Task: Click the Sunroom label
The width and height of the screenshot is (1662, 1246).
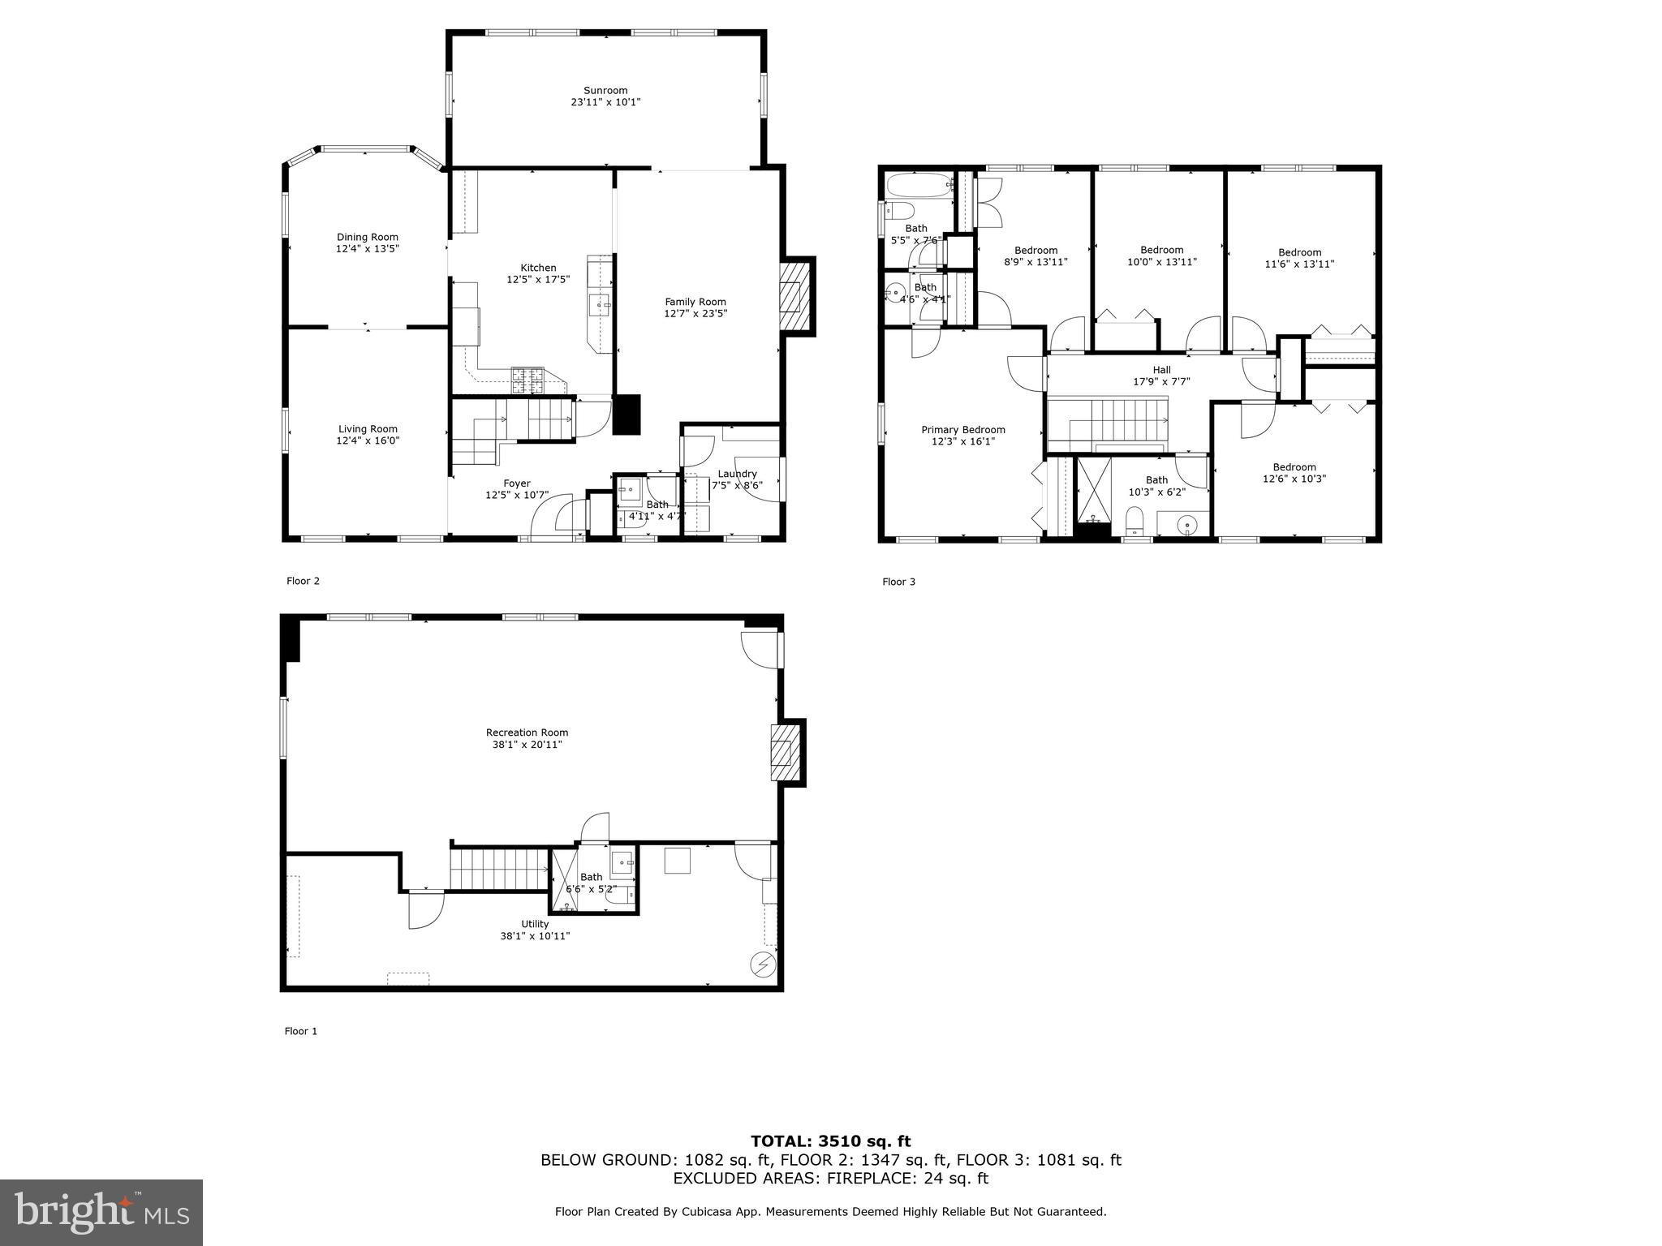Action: point(605,91)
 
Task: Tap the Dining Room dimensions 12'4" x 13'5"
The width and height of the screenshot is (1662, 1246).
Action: point(368,249)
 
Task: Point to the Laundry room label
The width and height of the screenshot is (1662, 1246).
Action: point(737,474)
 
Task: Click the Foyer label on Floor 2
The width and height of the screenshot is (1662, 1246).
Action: point(517,483)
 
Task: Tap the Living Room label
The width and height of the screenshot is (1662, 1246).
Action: point(368,429)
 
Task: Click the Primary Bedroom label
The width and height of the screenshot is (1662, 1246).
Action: point(962,430)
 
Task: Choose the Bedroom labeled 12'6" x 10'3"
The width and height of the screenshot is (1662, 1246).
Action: point(1294,473)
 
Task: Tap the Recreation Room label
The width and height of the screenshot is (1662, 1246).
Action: point(527,733)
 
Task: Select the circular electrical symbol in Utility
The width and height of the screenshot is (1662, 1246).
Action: point(764,965)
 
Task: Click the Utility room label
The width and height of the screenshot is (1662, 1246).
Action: point(535,924)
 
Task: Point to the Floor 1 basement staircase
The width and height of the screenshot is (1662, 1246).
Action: point(499,869)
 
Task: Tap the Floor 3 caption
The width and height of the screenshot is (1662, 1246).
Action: point(898,582)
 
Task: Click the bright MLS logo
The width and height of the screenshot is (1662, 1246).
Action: point(101,1211)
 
